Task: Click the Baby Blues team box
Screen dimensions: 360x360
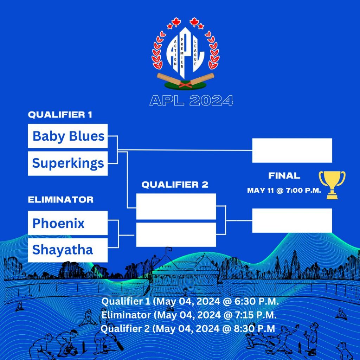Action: (x=68, y=136)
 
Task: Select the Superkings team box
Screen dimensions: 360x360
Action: (x=68, y=163)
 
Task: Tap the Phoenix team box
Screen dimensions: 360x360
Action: (x=68, y=223)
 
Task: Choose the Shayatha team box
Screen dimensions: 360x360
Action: (x=68, y=250)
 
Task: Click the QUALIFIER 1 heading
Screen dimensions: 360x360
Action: (x=60, y=115)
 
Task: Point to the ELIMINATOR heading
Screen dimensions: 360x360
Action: (x=60, y=200)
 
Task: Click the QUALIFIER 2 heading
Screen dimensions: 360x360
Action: (x=175, y=185)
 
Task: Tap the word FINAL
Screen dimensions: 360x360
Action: (x=284, y=176)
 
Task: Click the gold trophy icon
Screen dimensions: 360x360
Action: (x=332, y=185)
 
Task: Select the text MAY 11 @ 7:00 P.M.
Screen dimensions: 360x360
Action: (x=284, y=190)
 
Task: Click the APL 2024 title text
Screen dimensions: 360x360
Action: (x=191, y=101)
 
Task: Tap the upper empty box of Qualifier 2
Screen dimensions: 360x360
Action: (x=176, y=206)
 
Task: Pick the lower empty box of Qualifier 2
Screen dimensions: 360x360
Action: (x=176, y=234)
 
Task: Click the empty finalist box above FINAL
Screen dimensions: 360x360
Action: (x=292, y=150)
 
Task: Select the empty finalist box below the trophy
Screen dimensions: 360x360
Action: (x=292, y=220)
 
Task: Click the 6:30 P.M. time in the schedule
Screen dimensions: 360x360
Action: (x=256, y=301)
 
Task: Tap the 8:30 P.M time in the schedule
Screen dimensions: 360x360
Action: (x=255, y=329)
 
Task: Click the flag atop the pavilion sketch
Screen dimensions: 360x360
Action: (x=169, y=249)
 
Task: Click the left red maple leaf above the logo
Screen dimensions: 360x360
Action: (x=176, y=22)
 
